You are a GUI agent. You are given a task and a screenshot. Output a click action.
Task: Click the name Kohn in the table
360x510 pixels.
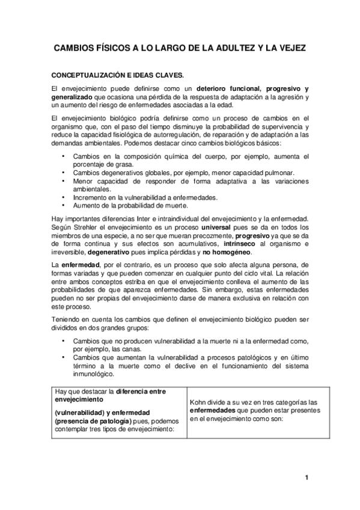tap(198, 402)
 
